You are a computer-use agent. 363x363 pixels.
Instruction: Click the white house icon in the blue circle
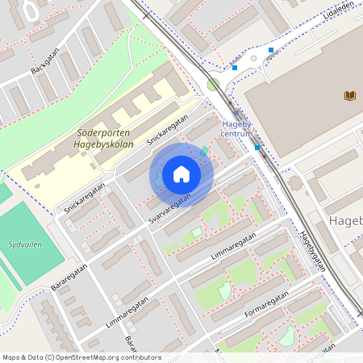point(181,174)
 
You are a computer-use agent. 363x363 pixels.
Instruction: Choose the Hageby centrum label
point(236,129)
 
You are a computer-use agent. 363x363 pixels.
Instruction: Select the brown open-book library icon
point(350,96)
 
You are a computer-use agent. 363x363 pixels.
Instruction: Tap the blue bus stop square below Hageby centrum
point(257,147)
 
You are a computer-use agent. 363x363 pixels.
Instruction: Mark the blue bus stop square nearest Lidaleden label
point(271,51)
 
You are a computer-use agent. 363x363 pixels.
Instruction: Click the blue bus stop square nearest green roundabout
point(235,68)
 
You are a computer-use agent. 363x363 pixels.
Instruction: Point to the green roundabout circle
point(213,85)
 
